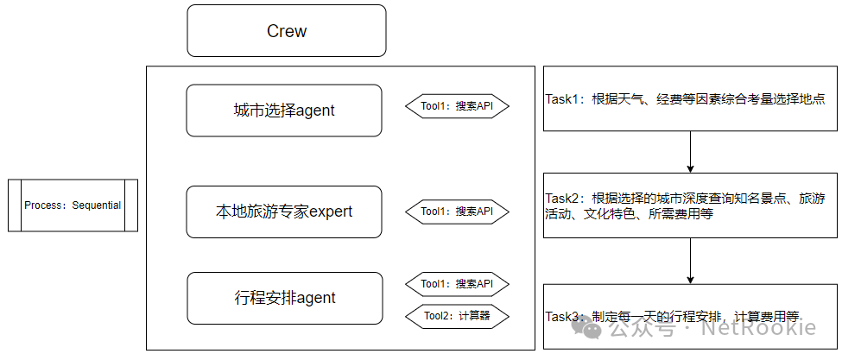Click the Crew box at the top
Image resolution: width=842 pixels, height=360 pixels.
(287, 31)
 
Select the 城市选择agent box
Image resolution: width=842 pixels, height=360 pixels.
(284, 111)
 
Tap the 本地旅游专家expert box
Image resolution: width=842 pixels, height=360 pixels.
(284, 212)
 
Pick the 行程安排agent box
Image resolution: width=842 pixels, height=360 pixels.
(284, 299)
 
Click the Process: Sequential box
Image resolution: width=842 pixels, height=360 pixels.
(73, 205)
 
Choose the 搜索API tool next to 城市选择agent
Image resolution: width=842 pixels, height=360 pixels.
(457, 107)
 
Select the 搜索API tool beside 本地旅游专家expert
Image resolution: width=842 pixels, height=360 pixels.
(457, 211)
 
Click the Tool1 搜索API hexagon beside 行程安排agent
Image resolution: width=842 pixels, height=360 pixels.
(457, 284)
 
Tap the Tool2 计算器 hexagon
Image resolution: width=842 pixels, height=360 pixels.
(457, 316)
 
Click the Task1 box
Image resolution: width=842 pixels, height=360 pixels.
(689, 98)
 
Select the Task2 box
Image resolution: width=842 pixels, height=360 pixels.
(689, 205)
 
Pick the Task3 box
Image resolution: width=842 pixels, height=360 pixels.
(689, 316)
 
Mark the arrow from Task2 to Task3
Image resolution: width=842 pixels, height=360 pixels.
(690, 260)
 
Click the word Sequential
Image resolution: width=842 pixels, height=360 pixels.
(97, 205)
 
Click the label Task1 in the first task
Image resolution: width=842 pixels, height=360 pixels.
(564, 99)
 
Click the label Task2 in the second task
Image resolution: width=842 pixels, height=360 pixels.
(564, 199)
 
